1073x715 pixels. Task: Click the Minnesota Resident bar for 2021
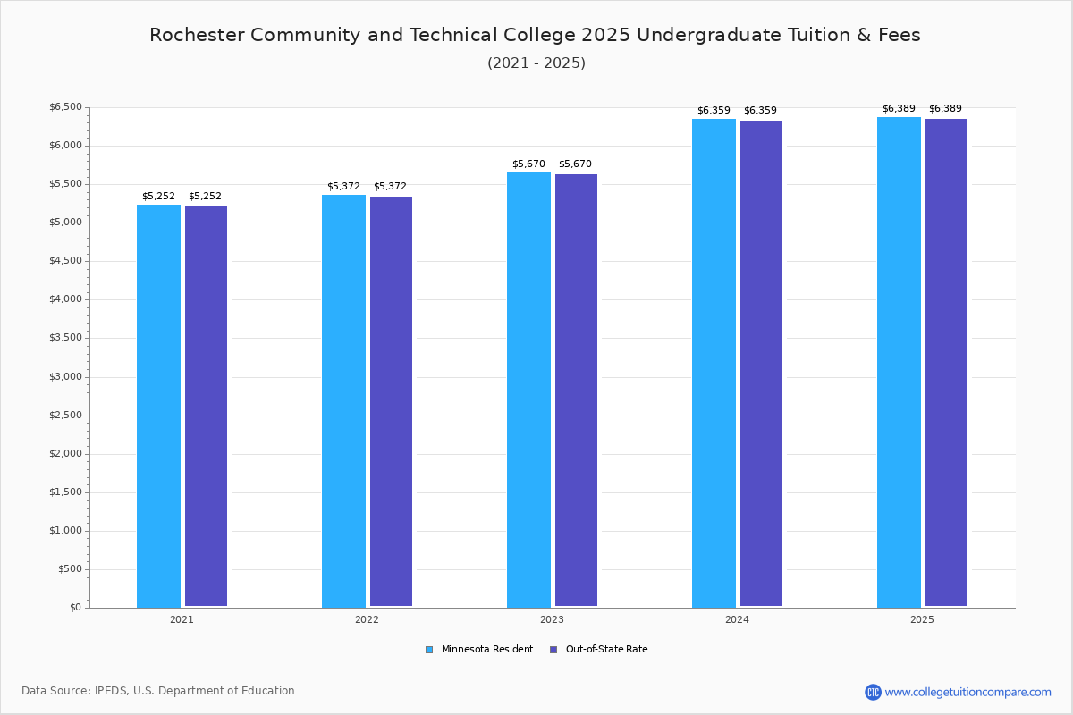(158, 406)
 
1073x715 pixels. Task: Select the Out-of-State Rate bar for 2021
(206, 407)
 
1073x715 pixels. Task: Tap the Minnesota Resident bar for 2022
(343, 401)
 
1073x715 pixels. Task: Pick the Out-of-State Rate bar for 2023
(576, 391)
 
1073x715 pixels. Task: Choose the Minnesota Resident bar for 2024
(714, 363)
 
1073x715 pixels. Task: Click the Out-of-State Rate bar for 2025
(946, 363)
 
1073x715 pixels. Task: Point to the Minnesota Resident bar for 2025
(899, 362)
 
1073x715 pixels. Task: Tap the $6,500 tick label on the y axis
(65, 107)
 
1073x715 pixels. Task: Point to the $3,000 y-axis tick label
(65, 377)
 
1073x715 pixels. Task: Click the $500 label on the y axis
(70, 569)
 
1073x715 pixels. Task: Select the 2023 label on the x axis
(552, 619)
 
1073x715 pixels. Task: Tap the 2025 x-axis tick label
(922, 619)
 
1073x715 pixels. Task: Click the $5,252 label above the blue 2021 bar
(158, 197)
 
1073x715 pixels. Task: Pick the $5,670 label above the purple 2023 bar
(575, 164)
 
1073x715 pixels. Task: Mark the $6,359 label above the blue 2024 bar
(714, 111)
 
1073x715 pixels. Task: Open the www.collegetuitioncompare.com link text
(967, 692)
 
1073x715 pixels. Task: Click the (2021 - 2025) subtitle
(536, 63)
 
